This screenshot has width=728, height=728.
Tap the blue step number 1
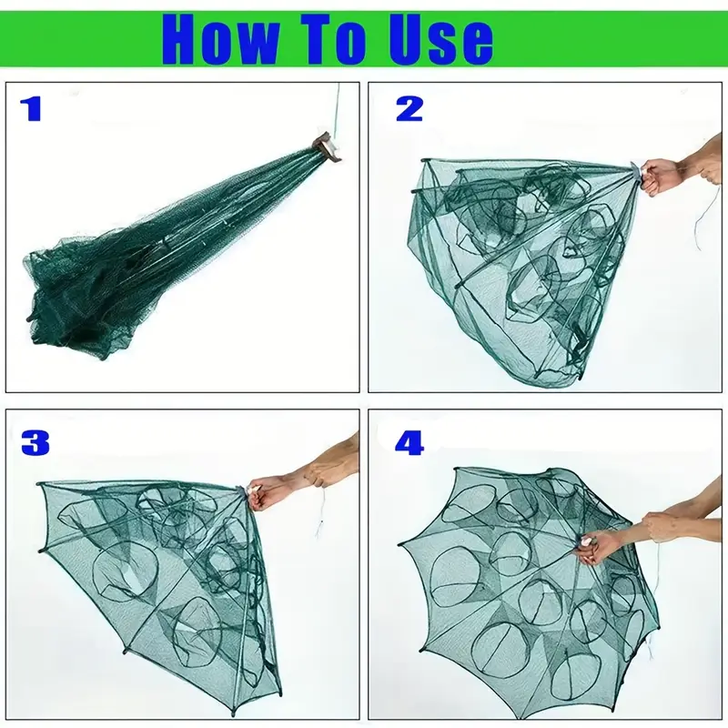point(31,109)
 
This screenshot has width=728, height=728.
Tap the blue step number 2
point(409,109)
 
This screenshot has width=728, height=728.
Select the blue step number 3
point(35,443)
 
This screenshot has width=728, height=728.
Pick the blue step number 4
point(409,443)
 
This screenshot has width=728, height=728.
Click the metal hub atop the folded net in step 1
point(327,147)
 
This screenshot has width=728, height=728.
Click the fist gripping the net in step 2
point(654,176)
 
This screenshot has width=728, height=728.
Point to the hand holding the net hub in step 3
point(267,493)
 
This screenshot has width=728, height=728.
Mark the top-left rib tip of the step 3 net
point(39,485)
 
